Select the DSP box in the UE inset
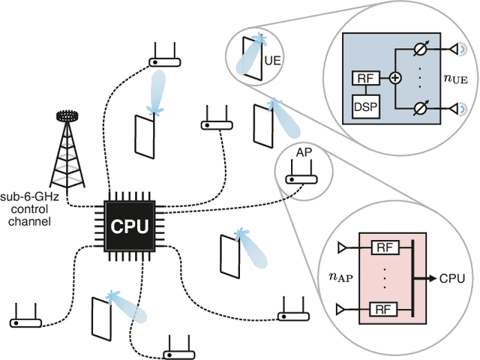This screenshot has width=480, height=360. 364,105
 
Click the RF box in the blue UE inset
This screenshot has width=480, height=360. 364,77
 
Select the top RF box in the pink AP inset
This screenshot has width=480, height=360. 382,247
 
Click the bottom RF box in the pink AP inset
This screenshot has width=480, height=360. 382,307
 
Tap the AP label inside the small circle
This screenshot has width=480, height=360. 304,153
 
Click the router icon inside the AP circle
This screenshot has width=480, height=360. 304,178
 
